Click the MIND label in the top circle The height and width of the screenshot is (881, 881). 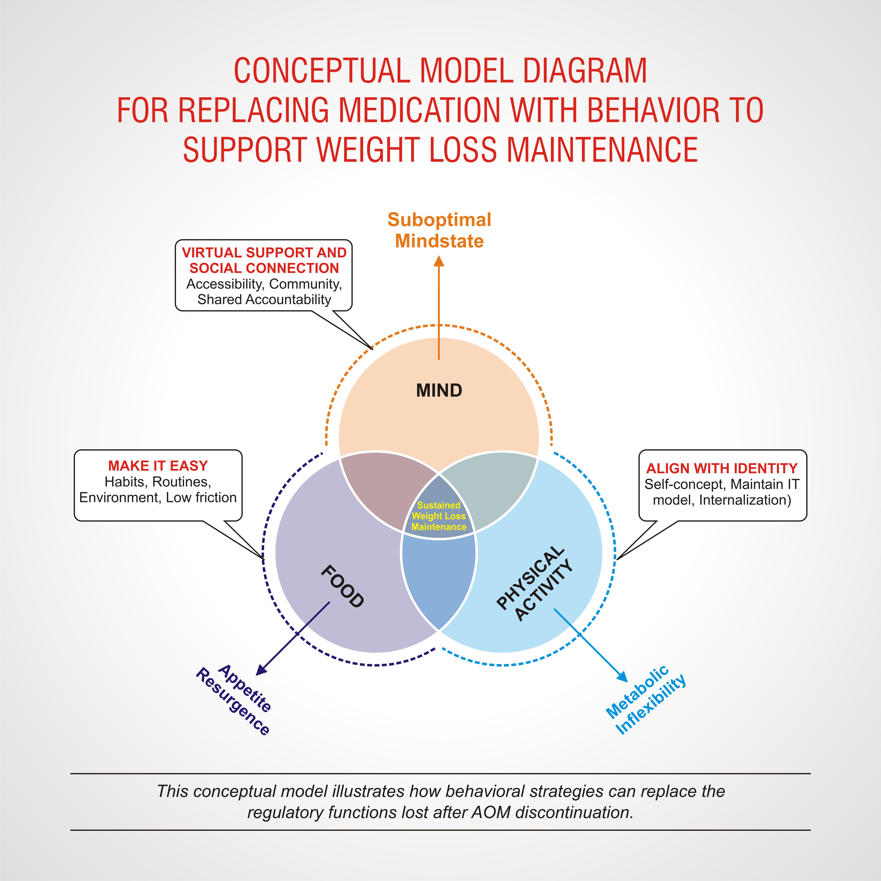point(439,390)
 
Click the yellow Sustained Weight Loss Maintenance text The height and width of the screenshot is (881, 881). point(439,516)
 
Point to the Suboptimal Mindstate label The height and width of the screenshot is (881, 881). point(439,230)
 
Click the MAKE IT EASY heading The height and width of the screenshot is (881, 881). point(158,466)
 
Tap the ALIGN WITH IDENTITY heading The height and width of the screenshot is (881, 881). point(722,468)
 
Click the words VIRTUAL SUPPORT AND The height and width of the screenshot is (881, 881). point(264,253)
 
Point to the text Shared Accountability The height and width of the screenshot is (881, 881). point(264,300)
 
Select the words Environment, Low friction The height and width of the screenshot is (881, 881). point(158,497)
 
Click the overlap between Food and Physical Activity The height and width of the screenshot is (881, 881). point(439,581)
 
